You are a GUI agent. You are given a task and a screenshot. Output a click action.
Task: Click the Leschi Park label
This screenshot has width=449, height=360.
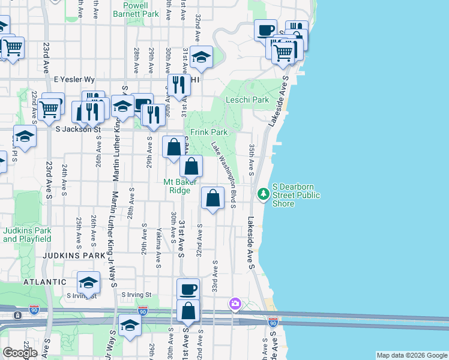point(247,100)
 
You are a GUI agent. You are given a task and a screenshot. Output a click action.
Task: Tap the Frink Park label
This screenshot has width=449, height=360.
point(209,132)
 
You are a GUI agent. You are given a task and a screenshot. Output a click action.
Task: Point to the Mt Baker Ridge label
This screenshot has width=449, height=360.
point(185,186)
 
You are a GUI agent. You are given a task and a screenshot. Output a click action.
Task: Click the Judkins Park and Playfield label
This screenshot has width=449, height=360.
point(26,235)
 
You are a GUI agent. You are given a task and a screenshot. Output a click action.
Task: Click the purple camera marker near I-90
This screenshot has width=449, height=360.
point(235,304)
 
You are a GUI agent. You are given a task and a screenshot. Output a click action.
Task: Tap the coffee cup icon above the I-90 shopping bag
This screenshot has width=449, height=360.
point(188,288)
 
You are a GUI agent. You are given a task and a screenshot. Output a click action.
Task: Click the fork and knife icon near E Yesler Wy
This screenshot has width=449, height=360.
point(178,85)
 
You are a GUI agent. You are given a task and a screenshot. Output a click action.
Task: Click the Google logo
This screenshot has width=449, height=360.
point(20,352)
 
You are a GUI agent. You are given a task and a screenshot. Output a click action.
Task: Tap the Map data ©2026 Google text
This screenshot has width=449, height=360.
point(411,355)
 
